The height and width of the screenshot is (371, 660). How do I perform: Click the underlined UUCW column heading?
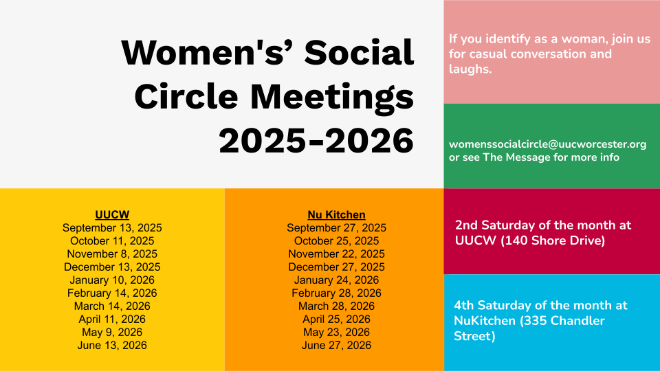pos(112,214)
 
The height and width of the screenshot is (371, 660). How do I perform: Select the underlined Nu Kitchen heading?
pos(336,214)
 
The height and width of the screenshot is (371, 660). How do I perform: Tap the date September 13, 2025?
pos(112,227)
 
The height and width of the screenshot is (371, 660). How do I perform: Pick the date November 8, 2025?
pos(112,254)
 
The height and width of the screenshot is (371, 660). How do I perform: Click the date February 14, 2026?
pos(112,293)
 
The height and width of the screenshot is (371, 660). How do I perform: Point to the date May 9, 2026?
pos(112,332)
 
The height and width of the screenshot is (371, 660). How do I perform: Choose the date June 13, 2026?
pos(112,345)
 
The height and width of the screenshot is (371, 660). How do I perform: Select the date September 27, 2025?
pos(336,227)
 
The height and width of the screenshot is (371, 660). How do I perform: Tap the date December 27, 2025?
pos(336,267)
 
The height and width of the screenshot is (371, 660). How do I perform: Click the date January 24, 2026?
pos(336,280)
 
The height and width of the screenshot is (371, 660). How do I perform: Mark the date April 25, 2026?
pos(336,319)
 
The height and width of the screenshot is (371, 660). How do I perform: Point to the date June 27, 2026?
pos(336,345)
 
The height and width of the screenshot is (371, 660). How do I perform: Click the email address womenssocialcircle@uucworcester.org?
pos(548,144)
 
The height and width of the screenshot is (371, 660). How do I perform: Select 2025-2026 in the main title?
pos(316,140)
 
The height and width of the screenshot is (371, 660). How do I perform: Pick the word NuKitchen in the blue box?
pos(485,321)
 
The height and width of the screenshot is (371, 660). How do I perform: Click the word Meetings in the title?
pos(332,97)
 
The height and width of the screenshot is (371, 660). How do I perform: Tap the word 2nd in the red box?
pos(466,225)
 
